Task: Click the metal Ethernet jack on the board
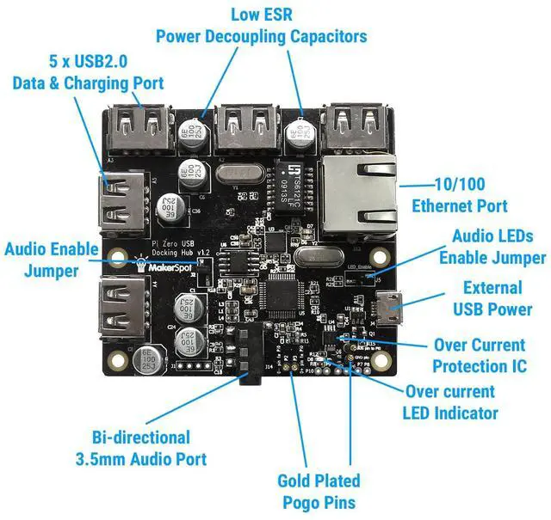360,195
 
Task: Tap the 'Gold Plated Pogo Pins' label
319,492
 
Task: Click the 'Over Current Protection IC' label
479,356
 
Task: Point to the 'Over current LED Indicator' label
449,402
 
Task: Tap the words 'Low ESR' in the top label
261,15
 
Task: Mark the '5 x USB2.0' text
88,63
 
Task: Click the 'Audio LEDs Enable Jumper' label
492,247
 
